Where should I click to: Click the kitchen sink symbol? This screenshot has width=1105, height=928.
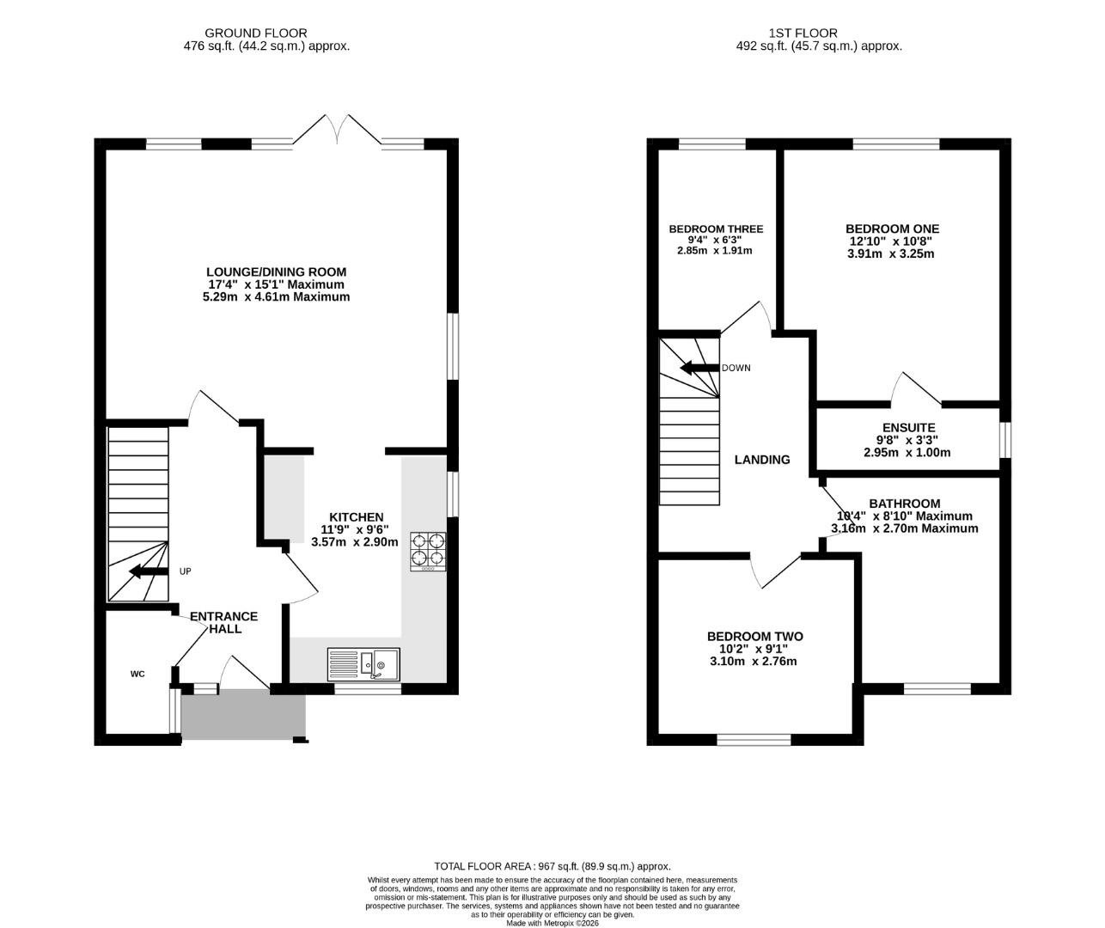pos(363,664)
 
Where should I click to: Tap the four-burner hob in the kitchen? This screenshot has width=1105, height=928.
pos(428,551)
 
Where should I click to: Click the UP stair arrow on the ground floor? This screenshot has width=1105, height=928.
pos(149,571)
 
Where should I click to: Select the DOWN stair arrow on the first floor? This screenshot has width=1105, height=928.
pos(699,368)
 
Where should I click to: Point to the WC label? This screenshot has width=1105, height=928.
pos(137,674)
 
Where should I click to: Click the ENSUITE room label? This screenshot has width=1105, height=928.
pos(909,427)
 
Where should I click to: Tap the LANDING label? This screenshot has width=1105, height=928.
pos(762,460)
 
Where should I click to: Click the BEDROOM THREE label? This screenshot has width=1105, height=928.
pos(716,229)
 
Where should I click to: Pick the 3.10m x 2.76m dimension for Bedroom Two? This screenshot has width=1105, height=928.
pos(754,661)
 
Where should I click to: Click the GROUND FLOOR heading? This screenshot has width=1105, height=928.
pos(255,34)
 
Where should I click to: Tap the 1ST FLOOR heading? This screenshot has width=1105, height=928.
pos(803,34)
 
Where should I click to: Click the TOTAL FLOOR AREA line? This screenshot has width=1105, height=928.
pos(552,867)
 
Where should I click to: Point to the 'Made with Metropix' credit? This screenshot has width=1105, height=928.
pos(552,923)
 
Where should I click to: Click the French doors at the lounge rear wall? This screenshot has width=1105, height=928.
pos(337,130)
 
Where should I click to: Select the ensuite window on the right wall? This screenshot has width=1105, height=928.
pos(1005,439)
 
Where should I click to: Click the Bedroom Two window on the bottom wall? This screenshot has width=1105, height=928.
pos(754,740)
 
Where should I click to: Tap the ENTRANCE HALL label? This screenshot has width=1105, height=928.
pos(224,623)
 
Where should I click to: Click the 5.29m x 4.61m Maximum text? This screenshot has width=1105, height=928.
pos(277,297)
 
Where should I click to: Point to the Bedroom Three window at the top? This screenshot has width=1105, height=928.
pos(712,143)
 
